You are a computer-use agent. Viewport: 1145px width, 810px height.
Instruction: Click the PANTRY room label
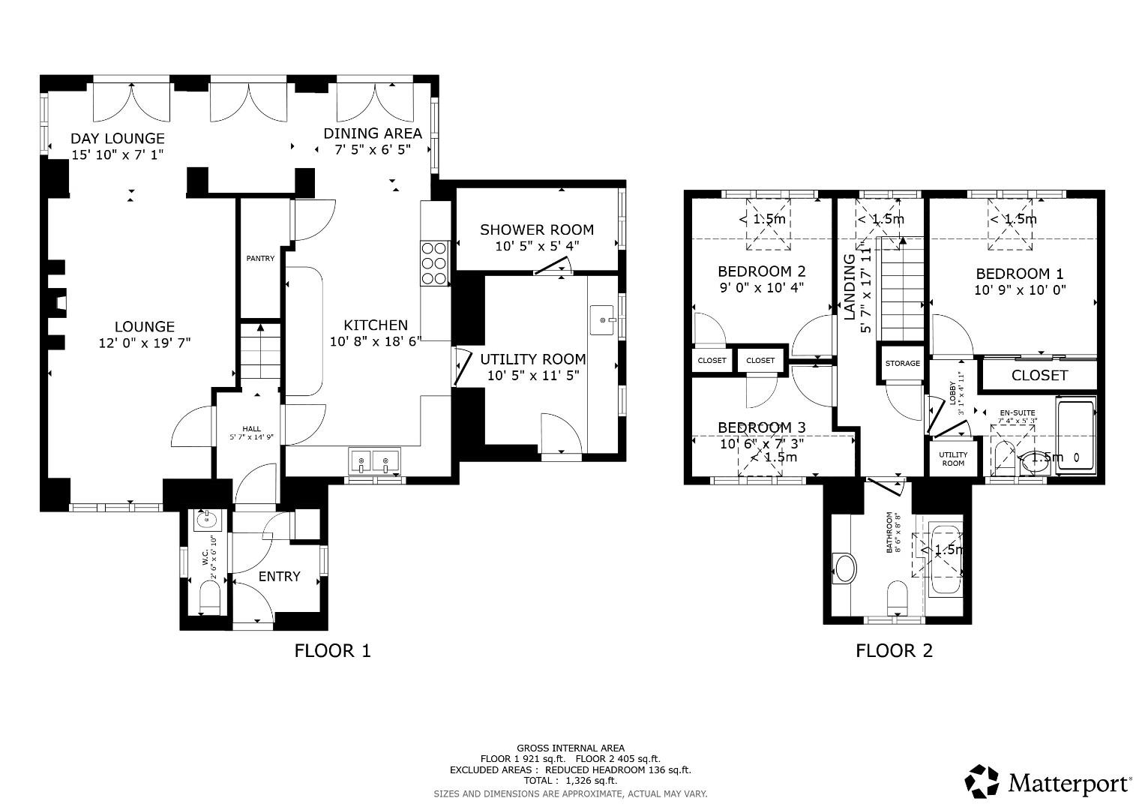click(260, 259)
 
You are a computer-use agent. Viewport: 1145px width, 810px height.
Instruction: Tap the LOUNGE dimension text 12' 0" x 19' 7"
click(145, 343)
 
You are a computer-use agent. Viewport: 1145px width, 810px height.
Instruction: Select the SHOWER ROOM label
click(536, 229)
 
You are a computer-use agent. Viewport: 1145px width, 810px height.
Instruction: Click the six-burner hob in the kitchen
click(434, 262)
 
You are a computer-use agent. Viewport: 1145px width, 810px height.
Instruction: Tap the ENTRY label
click(279, 576)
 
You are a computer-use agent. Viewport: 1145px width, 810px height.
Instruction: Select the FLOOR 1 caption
click(332, 650)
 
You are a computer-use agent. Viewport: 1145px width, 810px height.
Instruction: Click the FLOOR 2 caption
click(894, 650)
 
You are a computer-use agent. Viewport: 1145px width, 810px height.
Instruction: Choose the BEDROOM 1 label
click(1019, 274)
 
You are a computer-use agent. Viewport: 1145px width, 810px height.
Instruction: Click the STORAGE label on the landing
click(902, 364)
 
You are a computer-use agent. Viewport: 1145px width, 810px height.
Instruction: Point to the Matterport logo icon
click(982, 781)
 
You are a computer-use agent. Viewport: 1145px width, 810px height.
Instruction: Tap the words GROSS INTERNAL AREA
click(570, 748)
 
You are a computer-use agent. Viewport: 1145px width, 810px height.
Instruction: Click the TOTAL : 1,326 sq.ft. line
click(570, 781)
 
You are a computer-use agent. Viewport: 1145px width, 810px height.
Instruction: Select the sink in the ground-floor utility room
click(603, 320)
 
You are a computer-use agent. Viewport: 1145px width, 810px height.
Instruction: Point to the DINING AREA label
click(372, 133)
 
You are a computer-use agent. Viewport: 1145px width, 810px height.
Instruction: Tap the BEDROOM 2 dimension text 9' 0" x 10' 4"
click(761, 287)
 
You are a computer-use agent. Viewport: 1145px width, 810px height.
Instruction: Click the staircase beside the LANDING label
click(901, 289)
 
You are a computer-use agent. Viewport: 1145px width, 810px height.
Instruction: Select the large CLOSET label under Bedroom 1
click(1039, 375)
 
